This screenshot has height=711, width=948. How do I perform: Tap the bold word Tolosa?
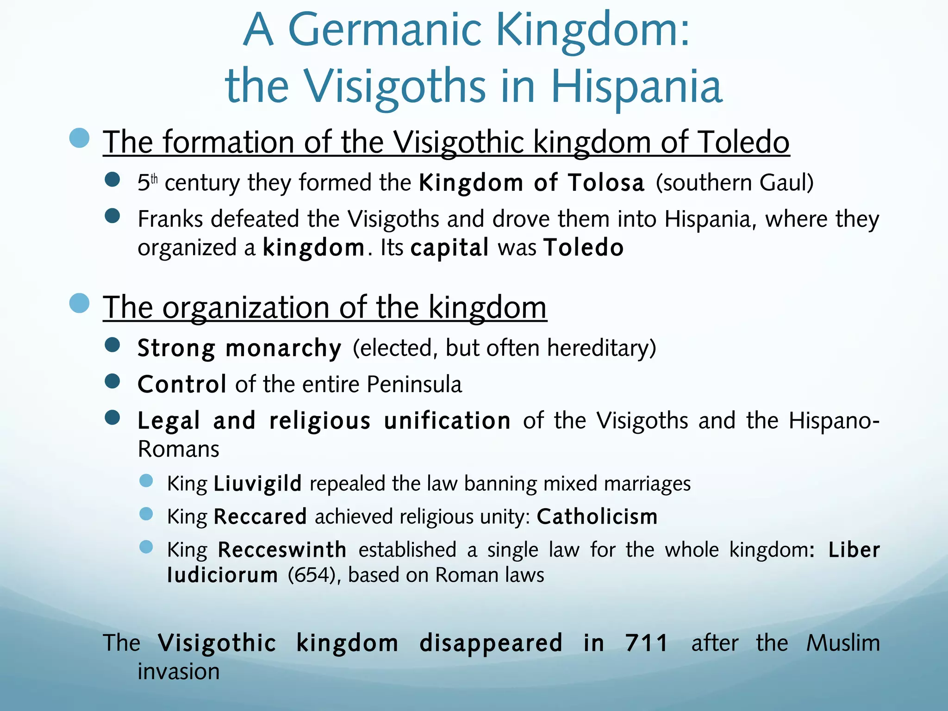(x=606, y=182)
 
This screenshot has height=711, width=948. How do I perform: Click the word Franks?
(x=170, y=219)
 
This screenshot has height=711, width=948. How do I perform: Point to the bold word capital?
(x=449, y=248)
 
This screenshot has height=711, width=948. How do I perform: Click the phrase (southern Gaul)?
(x=734, y=182)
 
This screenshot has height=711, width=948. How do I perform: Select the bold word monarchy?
(x=283, y=348)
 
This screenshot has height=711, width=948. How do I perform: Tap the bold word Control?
(x=182, y=384)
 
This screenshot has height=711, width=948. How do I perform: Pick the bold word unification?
(x=447, y=421)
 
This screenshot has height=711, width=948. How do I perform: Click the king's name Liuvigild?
(x=257, y=484)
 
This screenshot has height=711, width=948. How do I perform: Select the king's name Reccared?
(x=260, y=517)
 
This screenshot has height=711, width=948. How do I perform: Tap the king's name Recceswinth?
(x=282, y=550)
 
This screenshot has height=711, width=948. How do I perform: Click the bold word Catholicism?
(x=597, y=517)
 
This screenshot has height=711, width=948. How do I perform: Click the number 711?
(x=646, y=643)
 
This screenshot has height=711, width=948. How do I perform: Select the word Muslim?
(x=843, y=643)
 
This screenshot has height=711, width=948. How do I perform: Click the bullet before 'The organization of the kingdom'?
(x=79, y=304)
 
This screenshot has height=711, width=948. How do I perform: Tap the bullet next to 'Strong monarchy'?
(x=112, y=345)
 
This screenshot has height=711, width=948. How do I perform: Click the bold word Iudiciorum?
(x=222, y=575)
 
